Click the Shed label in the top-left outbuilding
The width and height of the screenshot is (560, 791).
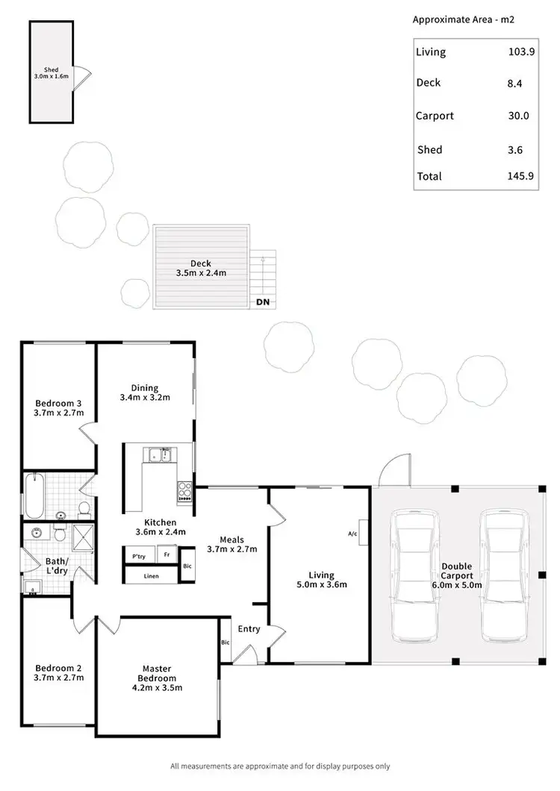51,72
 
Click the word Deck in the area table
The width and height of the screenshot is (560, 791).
428,83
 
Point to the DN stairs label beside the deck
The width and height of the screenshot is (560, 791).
262,302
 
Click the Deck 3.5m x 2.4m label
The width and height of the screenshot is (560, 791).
200,268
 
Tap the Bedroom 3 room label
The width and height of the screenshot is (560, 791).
57,407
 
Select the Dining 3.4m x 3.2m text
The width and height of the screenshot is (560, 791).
145,393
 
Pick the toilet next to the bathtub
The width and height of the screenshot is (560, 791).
84,510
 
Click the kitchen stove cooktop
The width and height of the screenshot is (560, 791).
184,491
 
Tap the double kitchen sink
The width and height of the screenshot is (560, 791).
159,454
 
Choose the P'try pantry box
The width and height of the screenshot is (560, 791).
139,557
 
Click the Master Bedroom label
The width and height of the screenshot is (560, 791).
158,673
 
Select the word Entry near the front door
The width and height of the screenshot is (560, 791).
249,629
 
